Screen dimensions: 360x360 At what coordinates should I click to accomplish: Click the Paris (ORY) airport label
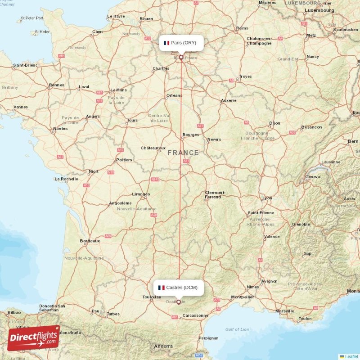[x=181, y=43]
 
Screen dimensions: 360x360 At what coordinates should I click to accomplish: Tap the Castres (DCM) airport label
[x=178, y=288]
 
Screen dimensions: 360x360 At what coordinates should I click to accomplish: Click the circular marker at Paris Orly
[x=181, y=58]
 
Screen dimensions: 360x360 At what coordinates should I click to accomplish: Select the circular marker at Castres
[x=179, y=302]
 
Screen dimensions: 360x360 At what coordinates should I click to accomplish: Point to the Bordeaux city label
[x=90, y=241]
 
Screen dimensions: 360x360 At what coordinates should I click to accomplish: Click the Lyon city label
[x=267, y=198]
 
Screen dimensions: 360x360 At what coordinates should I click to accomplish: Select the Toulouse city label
[x=152, y=297]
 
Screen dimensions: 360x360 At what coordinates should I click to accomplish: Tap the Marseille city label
[x=284, y=311]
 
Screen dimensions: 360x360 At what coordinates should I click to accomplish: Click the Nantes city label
[x=60, y=129]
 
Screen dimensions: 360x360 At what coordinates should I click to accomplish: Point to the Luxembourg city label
[x=319, y=10]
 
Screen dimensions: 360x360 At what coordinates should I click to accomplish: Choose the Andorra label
[x=163, y=346]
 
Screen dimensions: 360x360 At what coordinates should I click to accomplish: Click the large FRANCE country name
[x=183, y=153]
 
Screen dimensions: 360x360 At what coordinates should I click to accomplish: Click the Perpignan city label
[x=208, y=338]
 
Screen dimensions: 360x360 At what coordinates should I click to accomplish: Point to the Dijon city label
[x=274, y=123]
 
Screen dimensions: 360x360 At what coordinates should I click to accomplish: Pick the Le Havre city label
[x=116, y=17]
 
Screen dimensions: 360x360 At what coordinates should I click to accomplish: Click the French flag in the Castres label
[x=161, y=288]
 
